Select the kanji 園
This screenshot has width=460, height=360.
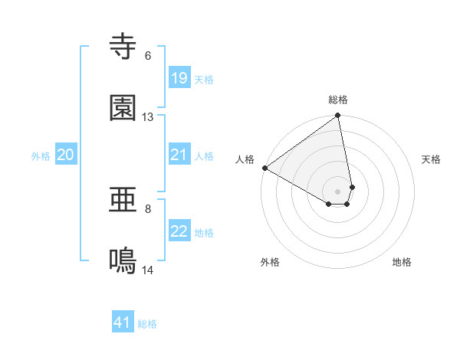[123, 108]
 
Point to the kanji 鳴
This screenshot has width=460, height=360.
[123, 261]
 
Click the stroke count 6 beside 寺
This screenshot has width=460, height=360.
[148, 56]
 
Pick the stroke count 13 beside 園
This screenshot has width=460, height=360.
[148, 117]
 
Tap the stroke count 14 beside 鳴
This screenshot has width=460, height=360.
[148, 270]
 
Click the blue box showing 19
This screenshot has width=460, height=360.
[179, 78]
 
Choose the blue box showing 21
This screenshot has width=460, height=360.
[179, 155]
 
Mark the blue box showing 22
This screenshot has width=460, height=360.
[179, 231]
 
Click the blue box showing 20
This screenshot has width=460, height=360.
[65, 155]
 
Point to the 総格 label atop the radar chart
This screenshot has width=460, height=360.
[338, 100]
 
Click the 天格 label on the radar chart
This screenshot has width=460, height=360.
[431, 159]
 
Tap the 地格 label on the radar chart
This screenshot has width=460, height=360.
[402, 262]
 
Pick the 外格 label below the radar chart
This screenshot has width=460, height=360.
[270, 262]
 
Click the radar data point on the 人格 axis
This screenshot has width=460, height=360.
[264, 168]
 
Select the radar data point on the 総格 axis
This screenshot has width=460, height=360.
[338, 116]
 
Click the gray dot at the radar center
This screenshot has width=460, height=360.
[338, 190]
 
